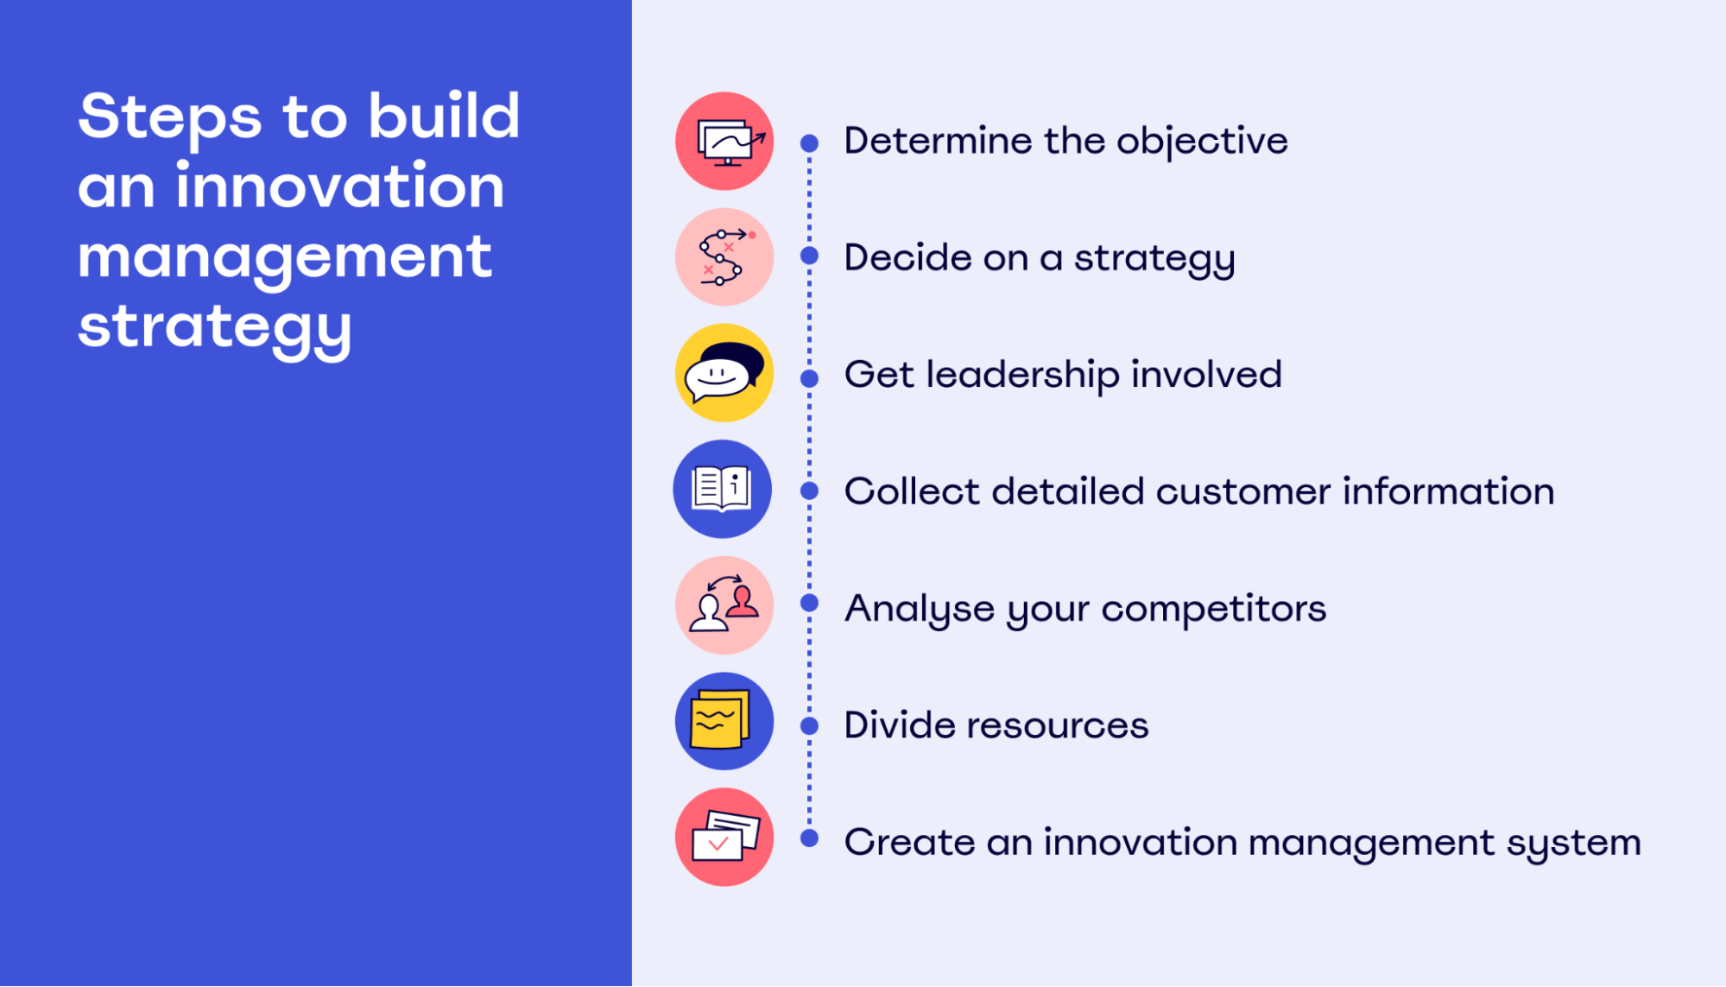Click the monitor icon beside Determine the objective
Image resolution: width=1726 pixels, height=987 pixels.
pos(724,141)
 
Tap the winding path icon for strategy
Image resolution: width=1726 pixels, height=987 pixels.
pos(724,256)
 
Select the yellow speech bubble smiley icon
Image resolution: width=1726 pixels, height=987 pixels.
pos(724,373)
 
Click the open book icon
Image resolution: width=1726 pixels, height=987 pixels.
pos(723,489)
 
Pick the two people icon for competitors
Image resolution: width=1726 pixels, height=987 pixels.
pos(724,605)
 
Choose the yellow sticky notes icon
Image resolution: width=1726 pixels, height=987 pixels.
pos(724,721)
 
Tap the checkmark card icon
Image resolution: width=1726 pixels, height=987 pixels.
pos(724,837)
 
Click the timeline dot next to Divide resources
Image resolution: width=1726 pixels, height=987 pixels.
pos(809,726)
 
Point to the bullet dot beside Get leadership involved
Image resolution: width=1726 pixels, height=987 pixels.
pos(809,378)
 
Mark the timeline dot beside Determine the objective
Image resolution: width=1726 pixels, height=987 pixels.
pos(809,143)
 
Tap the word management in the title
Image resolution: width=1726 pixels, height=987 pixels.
pos(285,259)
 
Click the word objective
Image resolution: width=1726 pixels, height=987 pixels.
pos(1202,142)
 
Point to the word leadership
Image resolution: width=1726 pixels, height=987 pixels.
pos(1023,376)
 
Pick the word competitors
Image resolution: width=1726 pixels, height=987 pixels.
pos(1214,610)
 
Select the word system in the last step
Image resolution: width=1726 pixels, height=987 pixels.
pos(1574,844)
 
